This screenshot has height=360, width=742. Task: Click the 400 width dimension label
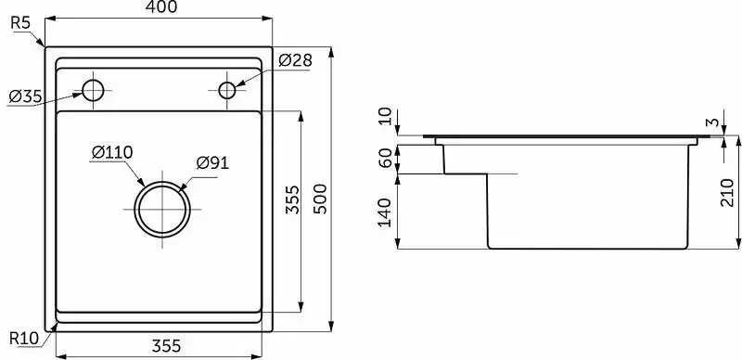(x=161, y=7)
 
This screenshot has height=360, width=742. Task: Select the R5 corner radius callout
(x=20, y=23)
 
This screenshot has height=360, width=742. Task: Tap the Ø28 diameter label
(x=295, y=60)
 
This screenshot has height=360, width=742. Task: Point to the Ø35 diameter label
(x=25, y=96)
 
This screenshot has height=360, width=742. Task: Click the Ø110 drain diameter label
(x=112, y=152)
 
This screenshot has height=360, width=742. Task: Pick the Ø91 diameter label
(x=212, y=163)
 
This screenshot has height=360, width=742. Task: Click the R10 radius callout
(x=24, y=339)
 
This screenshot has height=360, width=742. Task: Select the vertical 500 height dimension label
(x=320, y=199)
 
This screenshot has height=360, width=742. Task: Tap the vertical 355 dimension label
(x=293, y=199)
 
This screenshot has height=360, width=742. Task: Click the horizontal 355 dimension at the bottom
(x=166, y=346)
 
